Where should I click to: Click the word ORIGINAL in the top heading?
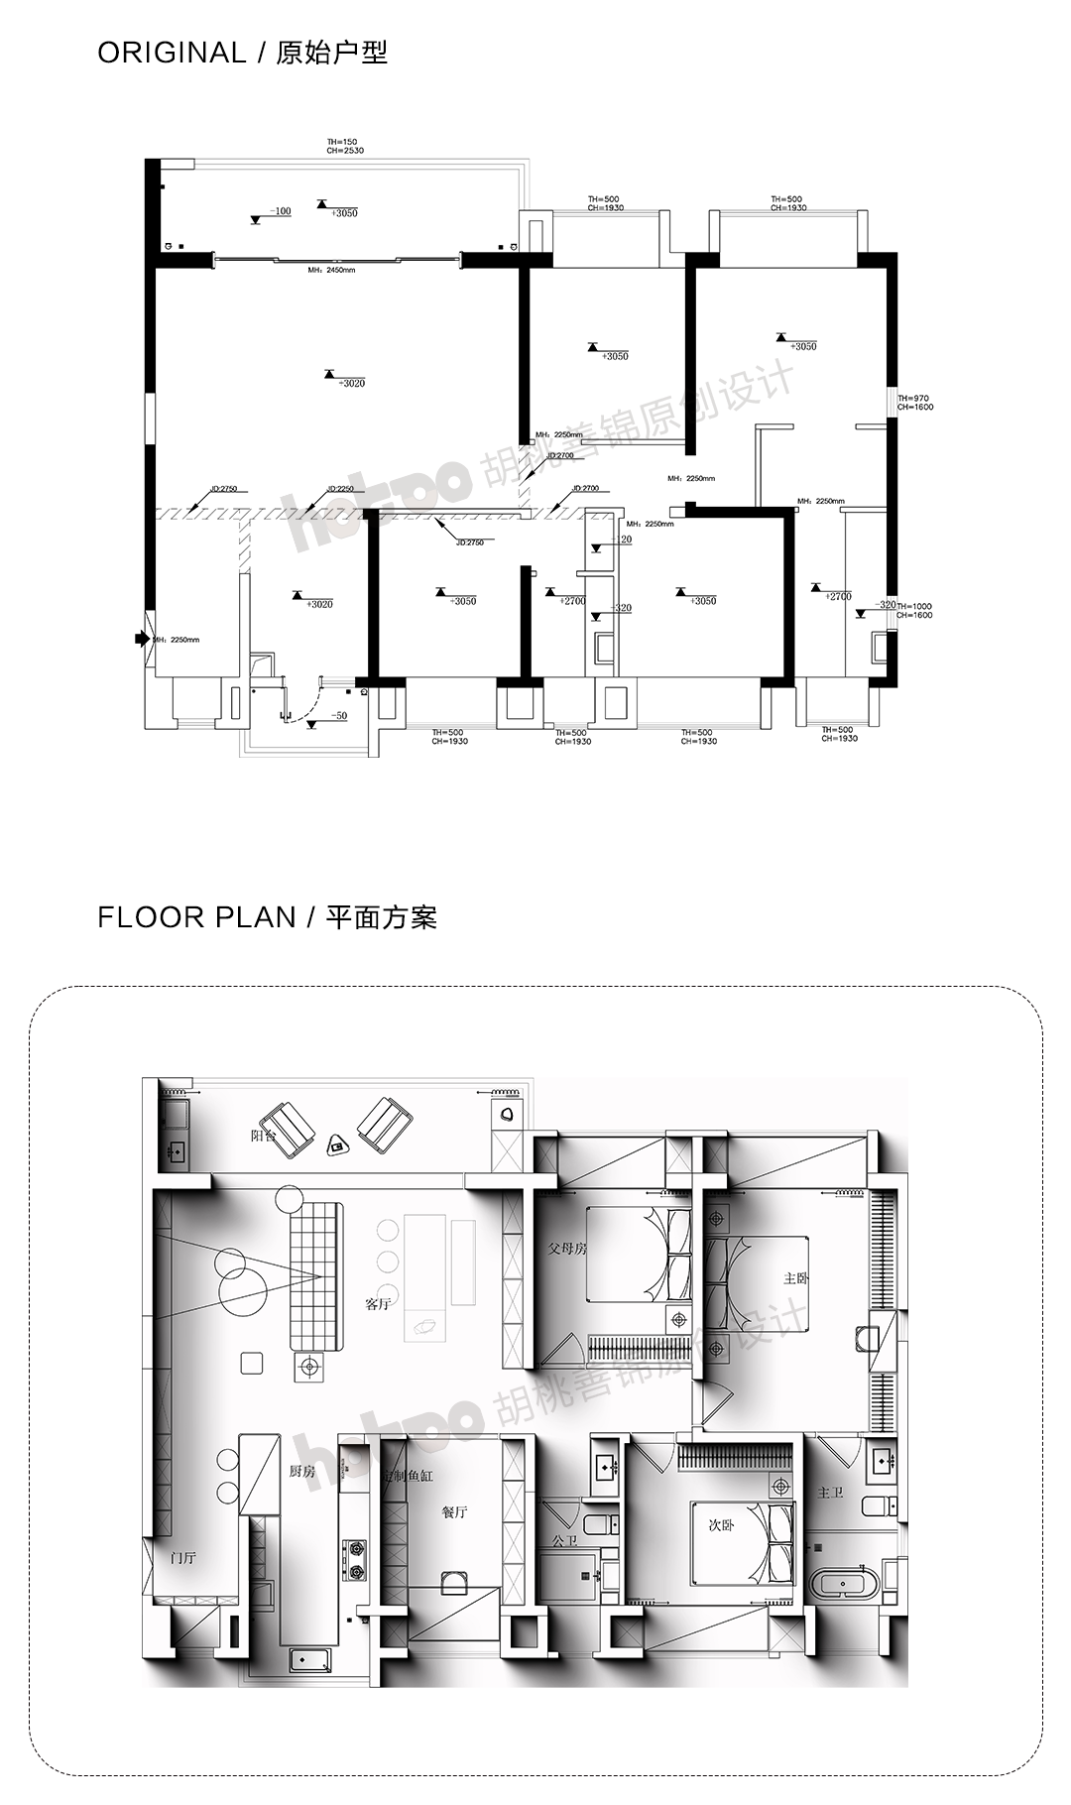click(171, 53)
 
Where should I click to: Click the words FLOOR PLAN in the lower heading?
click(196, 916)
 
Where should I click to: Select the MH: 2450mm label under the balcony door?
click(331, 270)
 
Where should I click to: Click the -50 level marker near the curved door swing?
click(337, 715)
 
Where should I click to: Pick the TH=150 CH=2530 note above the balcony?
click(345, 147)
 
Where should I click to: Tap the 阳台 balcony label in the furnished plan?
click(264, 1137)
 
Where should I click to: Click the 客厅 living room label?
click(378, 1303)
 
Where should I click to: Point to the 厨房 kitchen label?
click(302, 1472)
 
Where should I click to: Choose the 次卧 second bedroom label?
click(721, 1526)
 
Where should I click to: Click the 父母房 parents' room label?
click(567, 1249)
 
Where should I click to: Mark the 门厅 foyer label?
click(184, 1558)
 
